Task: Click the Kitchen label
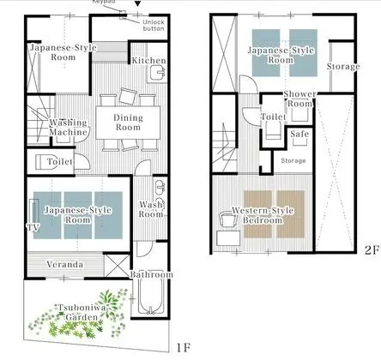click(148, 61)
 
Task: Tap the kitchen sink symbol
click(157, 72)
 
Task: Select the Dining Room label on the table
click(128, 123)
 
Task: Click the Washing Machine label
click(68, 127)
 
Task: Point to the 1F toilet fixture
click(42, 162)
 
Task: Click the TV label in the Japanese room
click(33, 227)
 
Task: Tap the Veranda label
click(65, 264)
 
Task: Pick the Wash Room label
click(151, 209)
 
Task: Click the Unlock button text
click(154, 25)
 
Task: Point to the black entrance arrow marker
click(138, 3)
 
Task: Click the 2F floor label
click(372, 250)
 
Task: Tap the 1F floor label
click(184, 347)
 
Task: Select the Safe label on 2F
click(299, 134)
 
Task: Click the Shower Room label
click(299, 99)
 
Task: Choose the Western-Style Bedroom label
click(263, 215)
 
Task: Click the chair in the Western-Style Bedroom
click(227, 219)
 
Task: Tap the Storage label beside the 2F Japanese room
click(343, 67)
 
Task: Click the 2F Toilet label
click(274, 117)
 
